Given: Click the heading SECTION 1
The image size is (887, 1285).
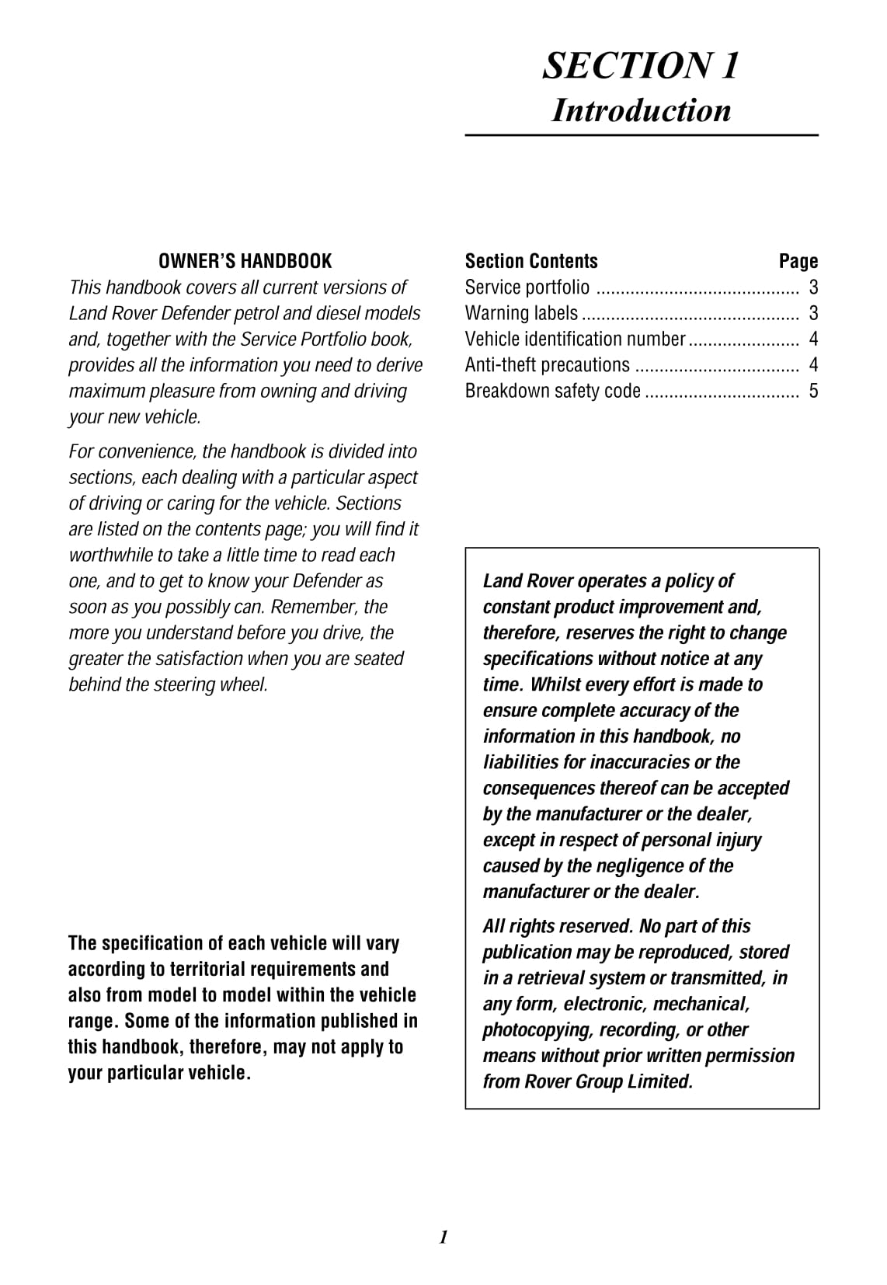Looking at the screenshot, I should (641, 65).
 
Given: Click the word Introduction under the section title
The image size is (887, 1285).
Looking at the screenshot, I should (641, 110).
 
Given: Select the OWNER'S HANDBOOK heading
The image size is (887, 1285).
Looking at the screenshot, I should (245, 261).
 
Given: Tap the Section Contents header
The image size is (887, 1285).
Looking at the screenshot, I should (531, 261).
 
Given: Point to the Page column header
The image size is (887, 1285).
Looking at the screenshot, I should (798, 261).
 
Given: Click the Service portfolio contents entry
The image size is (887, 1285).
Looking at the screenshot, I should (527, 287).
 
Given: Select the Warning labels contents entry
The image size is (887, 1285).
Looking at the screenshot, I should (521, 313).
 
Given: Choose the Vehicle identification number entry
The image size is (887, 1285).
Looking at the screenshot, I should (575, 339).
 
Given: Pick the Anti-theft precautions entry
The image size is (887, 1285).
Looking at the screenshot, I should (548, 364).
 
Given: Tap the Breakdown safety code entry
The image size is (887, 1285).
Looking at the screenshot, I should (553, 391).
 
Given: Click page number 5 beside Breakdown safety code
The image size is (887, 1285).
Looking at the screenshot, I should (813, 391).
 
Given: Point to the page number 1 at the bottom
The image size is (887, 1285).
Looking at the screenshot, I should (443, 1238).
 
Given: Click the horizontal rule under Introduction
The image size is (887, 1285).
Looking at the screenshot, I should (642, 135).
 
